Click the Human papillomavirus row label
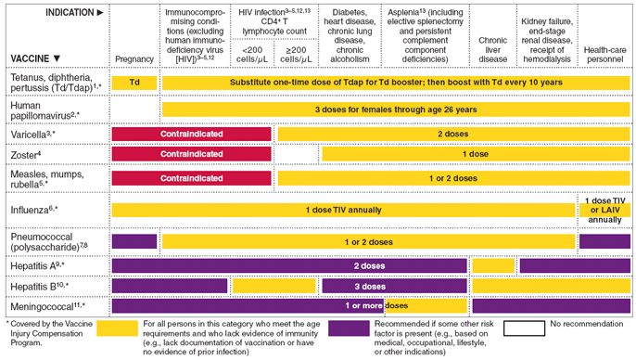45,109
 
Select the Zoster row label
27,153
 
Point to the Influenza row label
34,211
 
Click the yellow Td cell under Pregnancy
134,83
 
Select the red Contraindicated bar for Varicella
191,134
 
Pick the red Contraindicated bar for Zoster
191,153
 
